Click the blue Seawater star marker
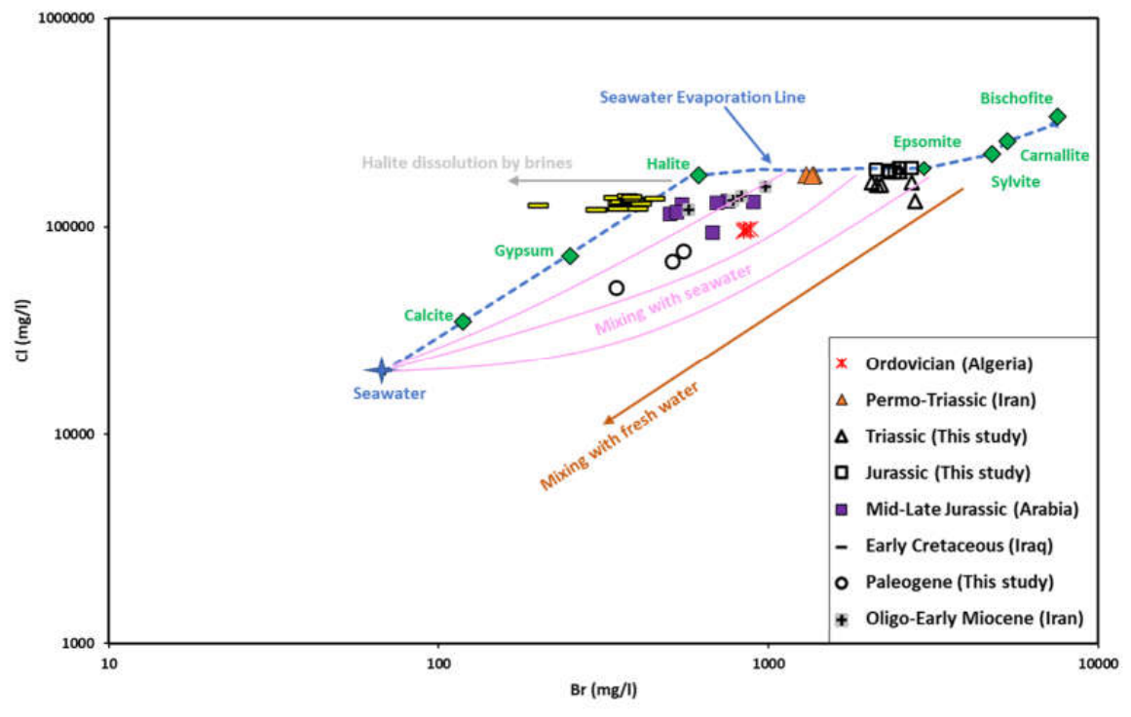point(382,370)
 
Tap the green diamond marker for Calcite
point(463,321)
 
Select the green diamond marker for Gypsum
point(571,256)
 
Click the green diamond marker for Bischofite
point(1057,117)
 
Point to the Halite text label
point(668,165)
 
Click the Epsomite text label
point(926,142)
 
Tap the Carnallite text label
point(1054,155)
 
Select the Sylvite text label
point(1015,182)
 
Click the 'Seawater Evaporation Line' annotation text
point(702,97)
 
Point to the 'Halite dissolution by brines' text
point(467,163)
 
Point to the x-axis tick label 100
point(437,663)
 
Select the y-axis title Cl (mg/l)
point(23,329)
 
